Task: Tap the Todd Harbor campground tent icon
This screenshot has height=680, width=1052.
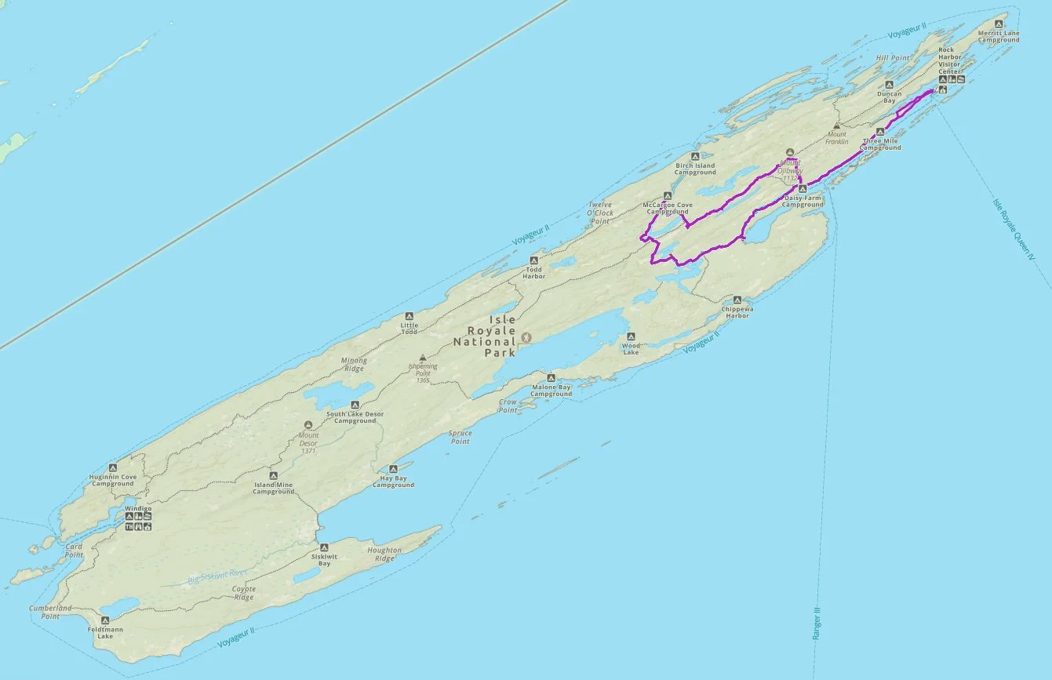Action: click(x=534, y=260)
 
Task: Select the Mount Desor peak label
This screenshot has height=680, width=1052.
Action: click(x=308, y=438)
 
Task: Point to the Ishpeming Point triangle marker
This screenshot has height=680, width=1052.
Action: click(x=423, y=357)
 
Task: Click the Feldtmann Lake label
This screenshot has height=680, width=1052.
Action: click(x=104, y=632)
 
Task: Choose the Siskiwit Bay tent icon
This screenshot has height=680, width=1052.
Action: click(x=324, y=547)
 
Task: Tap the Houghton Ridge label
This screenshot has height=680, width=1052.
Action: click(x=384, y=554)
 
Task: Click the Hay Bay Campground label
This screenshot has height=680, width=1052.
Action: click(x=393, y=482)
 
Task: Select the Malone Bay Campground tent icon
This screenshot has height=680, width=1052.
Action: click(x=551, y=378)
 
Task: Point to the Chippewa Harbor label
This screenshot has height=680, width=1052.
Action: click(x=737, y=312)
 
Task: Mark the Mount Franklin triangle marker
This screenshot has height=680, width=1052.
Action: click(x=837, y=125)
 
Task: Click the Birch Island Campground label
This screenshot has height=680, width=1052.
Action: click(x=695, y=169)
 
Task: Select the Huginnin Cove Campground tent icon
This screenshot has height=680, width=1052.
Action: click(x=113, y=467)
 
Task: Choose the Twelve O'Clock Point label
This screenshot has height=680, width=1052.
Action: click(x=600, y=213)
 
